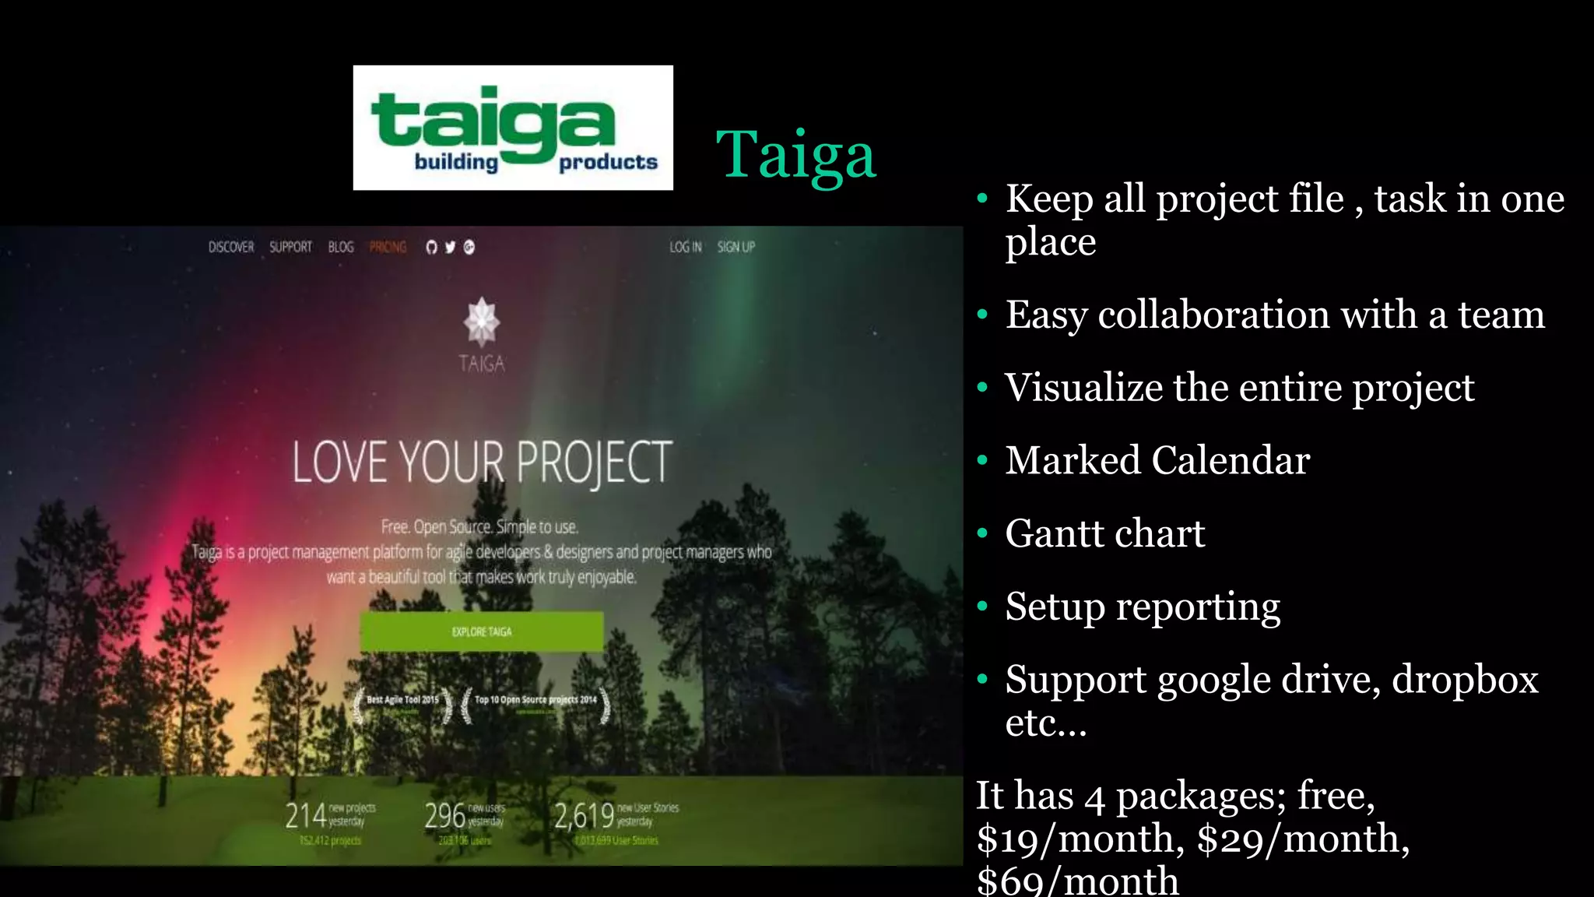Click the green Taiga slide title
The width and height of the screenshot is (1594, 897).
coord(795,154)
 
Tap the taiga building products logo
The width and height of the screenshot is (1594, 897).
coord(513,128)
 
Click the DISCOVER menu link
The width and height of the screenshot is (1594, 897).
coord(231,247)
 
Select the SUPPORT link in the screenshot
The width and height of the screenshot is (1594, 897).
coord(290,247)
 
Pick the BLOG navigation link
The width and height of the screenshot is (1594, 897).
coord(341,247)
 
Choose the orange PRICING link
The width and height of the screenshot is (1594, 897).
coord(388,247)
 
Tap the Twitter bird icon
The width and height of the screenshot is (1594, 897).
coord(450,247)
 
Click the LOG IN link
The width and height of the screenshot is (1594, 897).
coord(686,247)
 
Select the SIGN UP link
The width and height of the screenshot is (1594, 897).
coord(736,247)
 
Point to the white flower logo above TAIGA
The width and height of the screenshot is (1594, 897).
coord(482,322)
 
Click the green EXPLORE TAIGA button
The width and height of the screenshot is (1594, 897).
coord(481,631)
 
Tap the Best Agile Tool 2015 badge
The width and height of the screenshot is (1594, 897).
coord(402,703)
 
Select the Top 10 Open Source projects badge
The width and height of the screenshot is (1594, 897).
coord(535,703)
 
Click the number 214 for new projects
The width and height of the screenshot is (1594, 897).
coord(305,815)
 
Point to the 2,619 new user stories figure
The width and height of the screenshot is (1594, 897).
coord(584,815)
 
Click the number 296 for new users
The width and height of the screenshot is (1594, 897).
coord(444,815)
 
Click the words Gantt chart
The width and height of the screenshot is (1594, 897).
coord(1104,533)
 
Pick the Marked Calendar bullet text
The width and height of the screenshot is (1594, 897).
coord(1157,460)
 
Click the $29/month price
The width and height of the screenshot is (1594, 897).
coord(1302,839)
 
